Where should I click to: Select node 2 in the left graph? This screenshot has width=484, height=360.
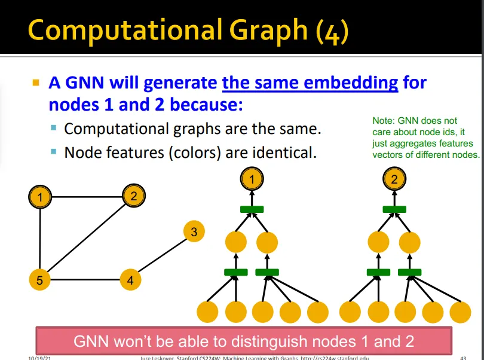point(134,196)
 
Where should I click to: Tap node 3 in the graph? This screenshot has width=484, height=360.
point(194,232)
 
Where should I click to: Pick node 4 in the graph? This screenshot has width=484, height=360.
point(130,280)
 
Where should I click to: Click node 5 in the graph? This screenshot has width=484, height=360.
point(39,280)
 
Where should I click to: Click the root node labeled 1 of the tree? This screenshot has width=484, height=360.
point(252,179)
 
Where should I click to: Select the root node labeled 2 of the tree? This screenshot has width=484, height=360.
point(394,179)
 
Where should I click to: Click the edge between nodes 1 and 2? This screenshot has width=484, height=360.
point(87,196)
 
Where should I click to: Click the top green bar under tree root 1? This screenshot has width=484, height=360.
point(252,209)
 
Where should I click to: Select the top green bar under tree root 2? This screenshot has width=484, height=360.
point(394,209)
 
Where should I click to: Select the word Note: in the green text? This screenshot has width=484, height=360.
point(383,121)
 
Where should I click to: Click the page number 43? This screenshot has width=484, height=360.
point(463,358)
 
